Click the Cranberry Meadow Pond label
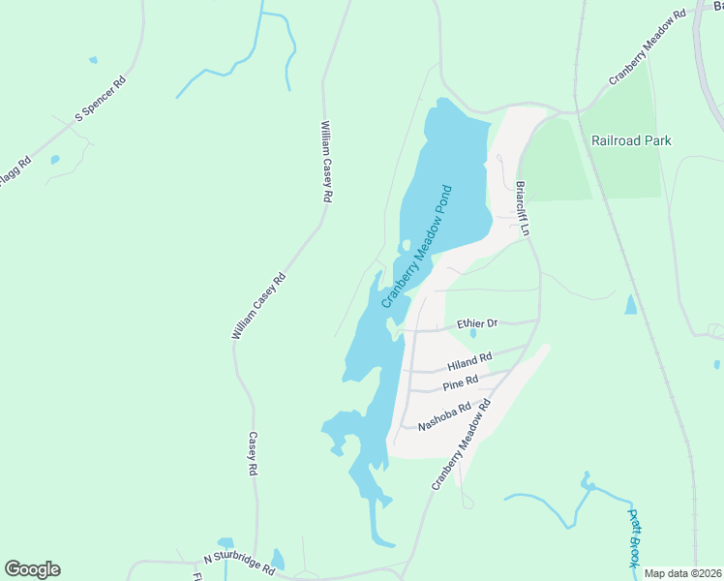[417, 247]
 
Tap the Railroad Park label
[631, 140]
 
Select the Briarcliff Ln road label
[523, 209]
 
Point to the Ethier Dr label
[477, 323]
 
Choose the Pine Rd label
[461, 383]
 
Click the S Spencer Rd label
[101, 100]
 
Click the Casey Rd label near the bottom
[252, 453]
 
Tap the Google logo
[32, 569]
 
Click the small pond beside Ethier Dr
[473, 334]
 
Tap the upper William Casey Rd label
[326, 161]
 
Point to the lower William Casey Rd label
[259, 305]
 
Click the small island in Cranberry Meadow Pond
[407, 245]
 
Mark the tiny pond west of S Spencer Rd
[54, 160]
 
